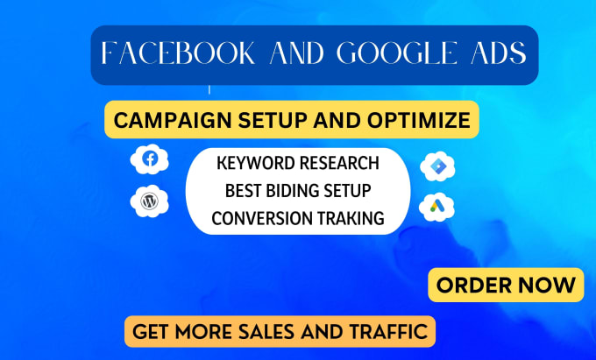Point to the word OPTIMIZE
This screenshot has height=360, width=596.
(417, 120)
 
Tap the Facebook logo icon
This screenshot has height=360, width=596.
(149, 159)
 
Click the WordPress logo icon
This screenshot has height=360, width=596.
(149, 201)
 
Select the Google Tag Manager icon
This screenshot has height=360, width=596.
(438, 166)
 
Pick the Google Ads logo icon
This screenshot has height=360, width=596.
(438, 207)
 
